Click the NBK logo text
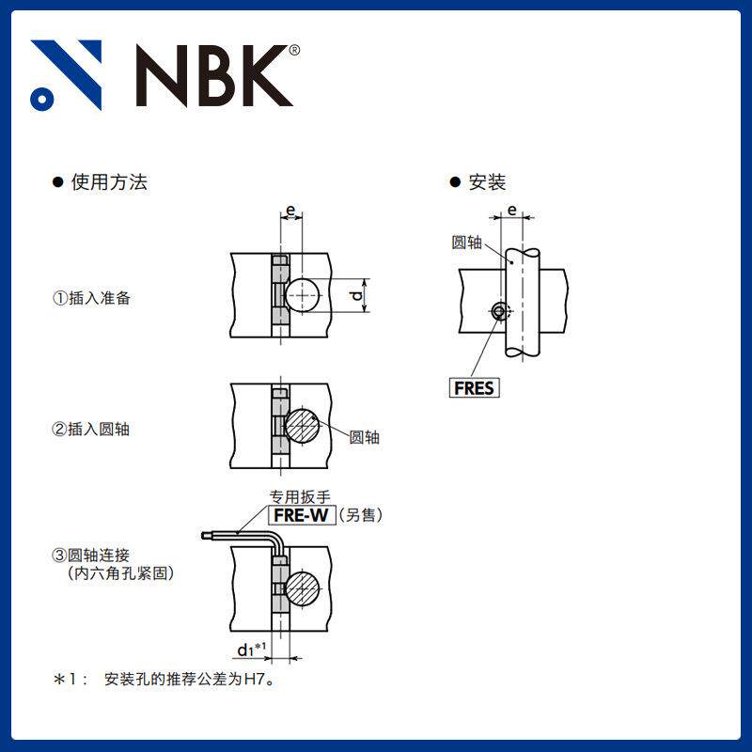click(x=212, y=75)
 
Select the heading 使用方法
click(x=109, y=182)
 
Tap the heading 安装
click(x=487, y=182)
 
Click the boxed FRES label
click(x=475, y=387)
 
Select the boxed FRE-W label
click(x=303, y=514)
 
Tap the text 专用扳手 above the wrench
click(x=300, y=496)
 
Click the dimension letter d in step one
click(x=356, y=296)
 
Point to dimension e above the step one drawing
click(x=290, y=209)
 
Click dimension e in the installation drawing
click(x=512, y=211)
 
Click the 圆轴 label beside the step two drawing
click(x=365, y=437)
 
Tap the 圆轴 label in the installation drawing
click(x=466, y=243)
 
